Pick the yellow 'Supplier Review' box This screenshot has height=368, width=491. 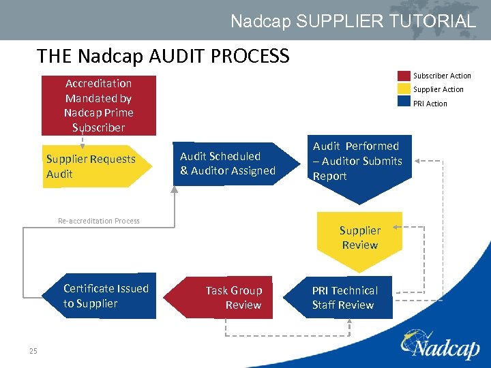pos(359,238)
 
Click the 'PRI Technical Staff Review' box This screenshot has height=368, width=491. pos(348,298)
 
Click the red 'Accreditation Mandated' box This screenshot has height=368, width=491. pos(99,106)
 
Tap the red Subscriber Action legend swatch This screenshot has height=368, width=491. pos(404,76)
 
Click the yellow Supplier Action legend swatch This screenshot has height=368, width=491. pos(404,89)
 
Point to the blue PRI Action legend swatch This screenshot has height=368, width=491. pos(404,103)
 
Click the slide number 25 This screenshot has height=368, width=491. pos(33,351)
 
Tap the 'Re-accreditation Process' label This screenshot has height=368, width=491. pos(99,221)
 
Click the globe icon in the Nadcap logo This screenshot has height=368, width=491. pos(413,339)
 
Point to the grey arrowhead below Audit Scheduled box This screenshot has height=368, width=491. pos(175,190)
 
